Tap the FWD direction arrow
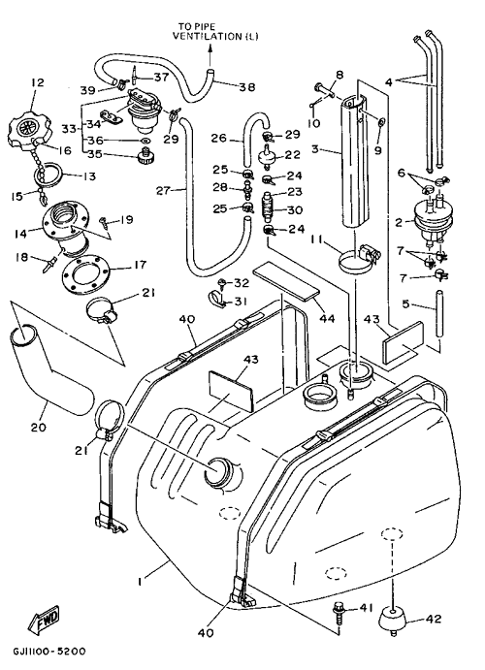(44, 619)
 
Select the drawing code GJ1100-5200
(48, 652)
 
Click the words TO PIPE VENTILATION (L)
(215, 32)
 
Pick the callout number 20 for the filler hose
(39, 427)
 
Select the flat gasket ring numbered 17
(86, 275)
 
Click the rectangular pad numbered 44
(286, 281)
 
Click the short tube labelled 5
(438, 313)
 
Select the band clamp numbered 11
(359, 259)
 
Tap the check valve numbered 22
(269, 156)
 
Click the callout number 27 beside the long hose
(163, 190)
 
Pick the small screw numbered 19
(104, 220)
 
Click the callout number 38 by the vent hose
(247, 87)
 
